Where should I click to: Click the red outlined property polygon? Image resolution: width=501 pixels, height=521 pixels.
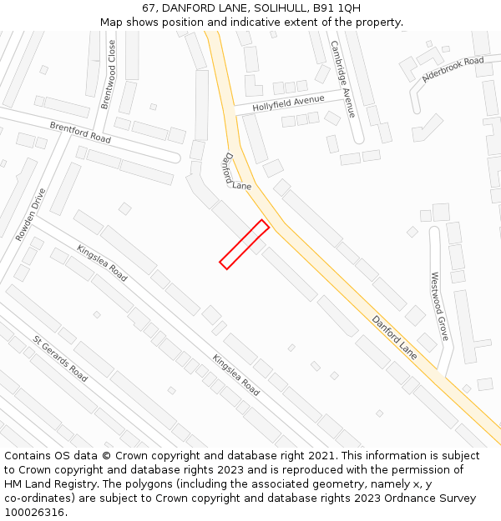point(244,244)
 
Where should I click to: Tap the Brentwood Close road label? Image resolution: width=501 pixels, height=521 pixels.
point(109,75)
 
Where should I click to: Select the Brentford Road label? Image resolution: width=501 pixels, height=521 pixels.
point(80,132)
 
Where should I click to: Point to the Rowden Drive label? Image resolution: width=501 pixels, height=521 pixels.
point(31,214)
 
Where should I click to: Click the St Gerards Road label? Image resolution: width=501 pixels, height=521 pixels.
point(60,358)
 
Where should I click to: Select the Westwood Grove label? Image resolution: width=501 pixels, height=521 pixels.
point(439,306)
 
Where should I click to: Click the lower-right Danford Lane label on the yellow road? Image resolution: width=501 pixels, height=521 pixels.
point(394,337)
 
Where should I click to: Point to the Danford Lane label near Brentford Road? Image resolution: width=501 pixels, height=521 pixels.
point(236,172)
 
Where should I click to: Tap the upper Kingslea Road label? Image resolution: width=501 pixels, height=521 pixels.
point(102,263)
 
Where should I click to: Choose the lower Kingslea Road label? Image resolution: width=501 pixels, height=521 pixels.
point(235,375)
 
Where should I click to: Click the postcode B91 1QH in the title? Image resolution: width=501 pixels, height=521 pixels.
point(337,8)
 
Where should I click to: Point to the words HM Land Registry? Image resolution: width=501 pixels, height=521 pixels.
point(42,483)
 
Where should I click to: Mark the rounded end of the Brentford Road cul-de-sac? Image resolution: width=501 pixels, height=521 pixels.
point(173,157)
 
